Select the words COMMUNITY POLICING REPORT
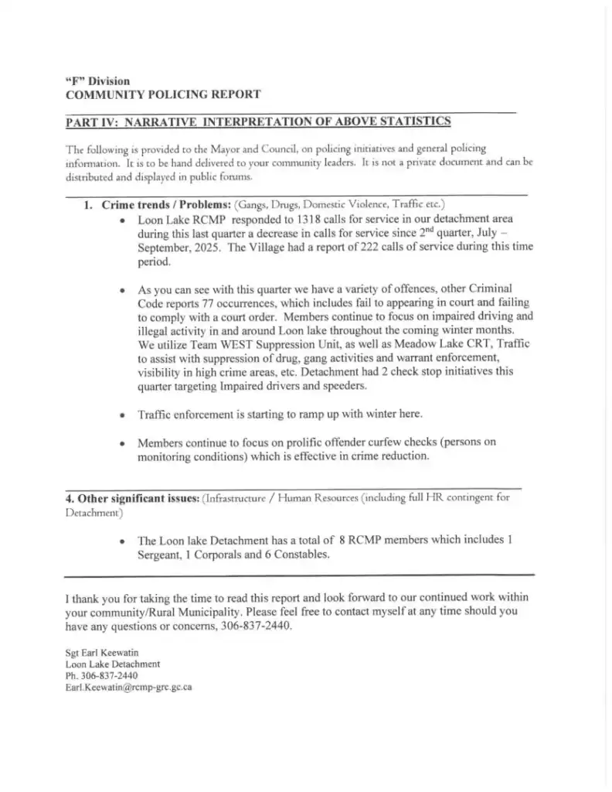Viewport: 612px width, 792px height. [162, 94]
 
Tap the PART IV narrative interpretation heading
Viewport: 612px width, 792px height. [258, 121]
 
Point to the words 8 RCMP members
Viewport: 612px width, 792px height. [376, 540]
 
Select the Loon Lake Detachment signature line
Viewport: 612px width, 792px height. [113, 664]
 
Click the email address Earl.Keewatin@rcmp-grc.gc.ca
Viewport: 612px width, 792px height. [128, 686]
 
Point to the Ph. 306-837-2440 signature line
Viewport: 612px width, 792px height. [102, 675]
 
